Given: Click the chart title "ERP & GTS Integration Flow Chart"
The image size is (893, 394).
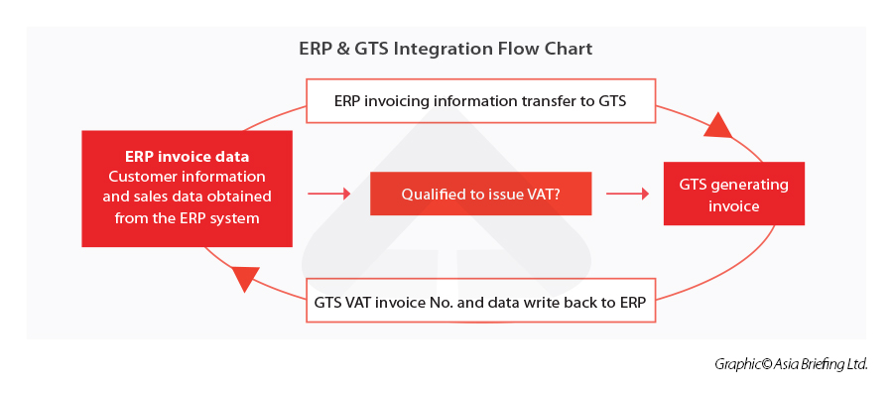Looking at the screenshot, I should tap(446, 48).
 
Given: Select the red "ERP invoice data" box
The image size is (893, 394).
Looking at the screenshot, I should tap(187, 188).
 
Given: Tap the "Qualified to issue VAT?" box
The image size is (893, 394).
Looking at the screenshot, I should tap(480, 195).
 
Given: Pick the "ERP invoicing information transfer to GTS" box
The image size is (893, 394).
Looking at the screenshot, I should tap(480, 101).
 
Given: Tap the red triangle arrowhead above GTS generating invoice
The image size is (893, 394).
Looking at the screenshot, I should tap(716, 125).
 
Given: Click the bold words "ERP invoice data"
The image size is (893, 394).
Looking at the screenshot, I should tap(187, 157).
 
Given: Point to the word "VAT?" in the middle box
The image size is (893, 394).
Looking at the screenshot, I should tap(542, 195).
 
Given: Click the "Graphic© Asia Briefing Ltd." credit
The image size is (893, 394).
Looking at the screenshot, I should tap(791, 364).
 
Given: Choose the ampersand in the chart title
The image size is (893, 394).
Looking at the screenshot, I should tap(340, 48).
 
